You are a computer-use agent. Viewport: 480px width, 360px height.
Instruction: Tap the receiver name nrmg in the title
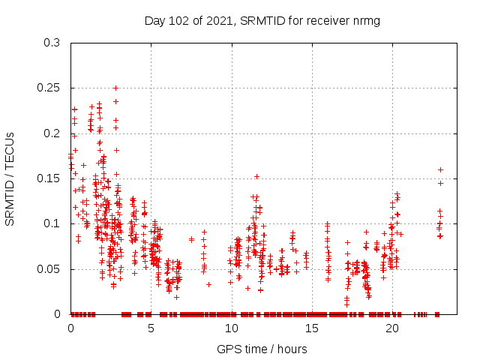pos(367,20)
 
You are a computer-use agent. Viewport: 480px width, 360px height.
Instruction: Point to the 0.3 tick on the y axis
pos(52,43)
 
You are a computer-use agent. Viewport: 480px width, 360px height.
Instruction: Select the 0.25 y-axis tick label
pos(49,88)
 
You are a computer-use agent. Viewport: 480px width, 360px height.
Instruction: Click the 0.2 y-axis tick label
pos(52,133)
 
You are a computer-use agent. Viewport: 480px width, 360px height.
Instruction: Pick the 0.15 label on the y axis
pos(49,178)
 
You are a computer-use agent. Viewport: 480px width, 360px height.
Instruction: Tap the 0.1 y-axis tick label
pos(52,223)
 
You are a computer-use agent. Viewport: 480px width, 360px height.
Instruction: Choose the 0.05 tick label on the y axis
pos(49,268)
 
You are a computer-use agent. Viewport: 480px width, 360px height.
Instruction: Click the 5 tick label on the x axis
pos(151,328)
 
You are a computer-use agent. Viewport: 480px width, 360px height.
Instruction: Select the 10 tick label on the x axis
pos(231,328)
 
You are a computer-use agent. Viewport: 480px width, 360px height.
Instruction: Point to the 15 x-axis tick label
pos(311,328)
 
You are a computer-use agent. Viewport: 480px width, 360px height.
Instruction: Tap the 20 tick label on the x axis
pos(391,328)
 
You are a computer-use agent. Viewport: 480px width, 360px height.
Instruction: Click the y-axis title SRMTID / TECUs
pos(10,178)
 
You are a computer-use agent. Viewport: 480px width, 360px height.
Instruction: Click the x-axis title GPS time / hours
pos(262,349)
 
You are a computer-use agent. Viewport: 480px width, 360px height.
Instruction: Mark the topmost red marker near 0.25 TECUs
pos(115,88)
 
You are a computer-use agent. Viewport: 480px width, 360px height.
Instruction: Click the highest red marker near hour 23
pos(440,169)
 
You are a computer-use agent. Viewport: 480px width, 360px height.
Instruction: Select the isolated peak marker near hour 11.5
pos(256,176)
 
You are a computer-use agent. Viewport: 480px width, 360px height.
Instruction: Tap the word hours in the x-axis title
pos(291,349)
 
